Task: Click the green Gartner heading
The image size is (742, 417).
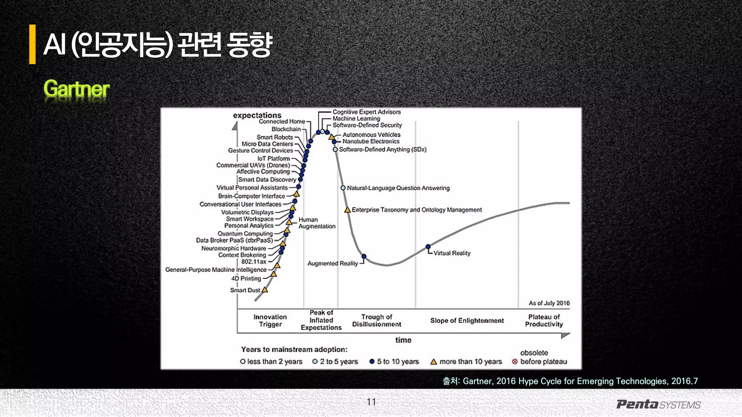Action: [76, 89]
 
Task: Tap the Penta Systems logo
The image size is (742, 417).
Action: [658, 404]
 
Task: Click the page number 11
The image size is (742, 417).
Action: [371, 402]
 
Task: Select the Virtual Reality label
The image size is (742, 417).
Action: [452, 253]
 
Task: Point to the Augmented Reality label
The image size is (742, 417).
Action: [332, 263]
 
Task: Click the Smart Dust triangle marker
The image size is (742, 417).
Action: [265, 290]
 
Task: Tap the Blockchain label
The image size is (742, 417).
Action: [286, 129]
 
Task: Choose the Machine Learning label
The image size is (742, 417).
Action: [356, 118]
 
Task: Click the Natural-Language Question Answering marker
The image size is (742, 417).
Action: [343, 188]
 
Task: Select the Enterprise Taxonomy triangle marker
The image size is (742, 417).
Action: [347, 210]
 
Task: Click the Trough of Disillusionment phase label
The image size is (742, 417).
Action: [376, 320]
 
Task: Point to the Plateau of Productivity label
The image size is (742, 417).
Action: [544, 320]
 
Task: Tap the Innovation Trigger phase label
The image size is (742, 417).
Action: [270, 320]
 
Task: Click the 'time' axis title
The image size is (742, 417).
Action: [403, 340]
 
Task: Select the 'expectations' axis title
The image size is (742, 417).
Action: [257, 115]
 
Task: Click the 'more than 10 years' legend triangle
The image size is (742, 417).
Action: [434, 362]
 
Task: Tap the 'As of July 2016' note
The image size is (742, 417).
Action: [549, 303]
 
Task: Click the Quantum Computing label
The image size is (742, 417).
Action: [245, 233]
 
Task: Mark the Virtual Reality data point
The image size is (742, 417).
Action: [428, 247]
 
